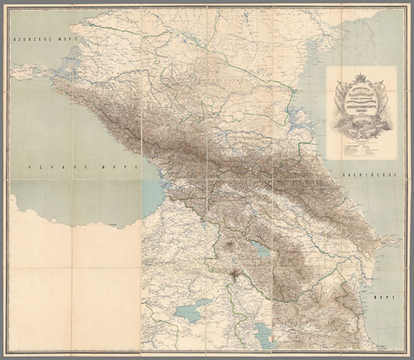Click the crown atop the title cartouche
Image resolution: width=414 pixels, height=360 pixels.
click(359, 78)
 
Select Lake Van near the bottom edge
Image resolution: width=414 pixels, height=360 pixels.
click(189, 311)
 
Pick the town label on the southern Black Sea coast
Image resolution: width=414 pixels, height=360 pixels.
click(115, 224)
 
